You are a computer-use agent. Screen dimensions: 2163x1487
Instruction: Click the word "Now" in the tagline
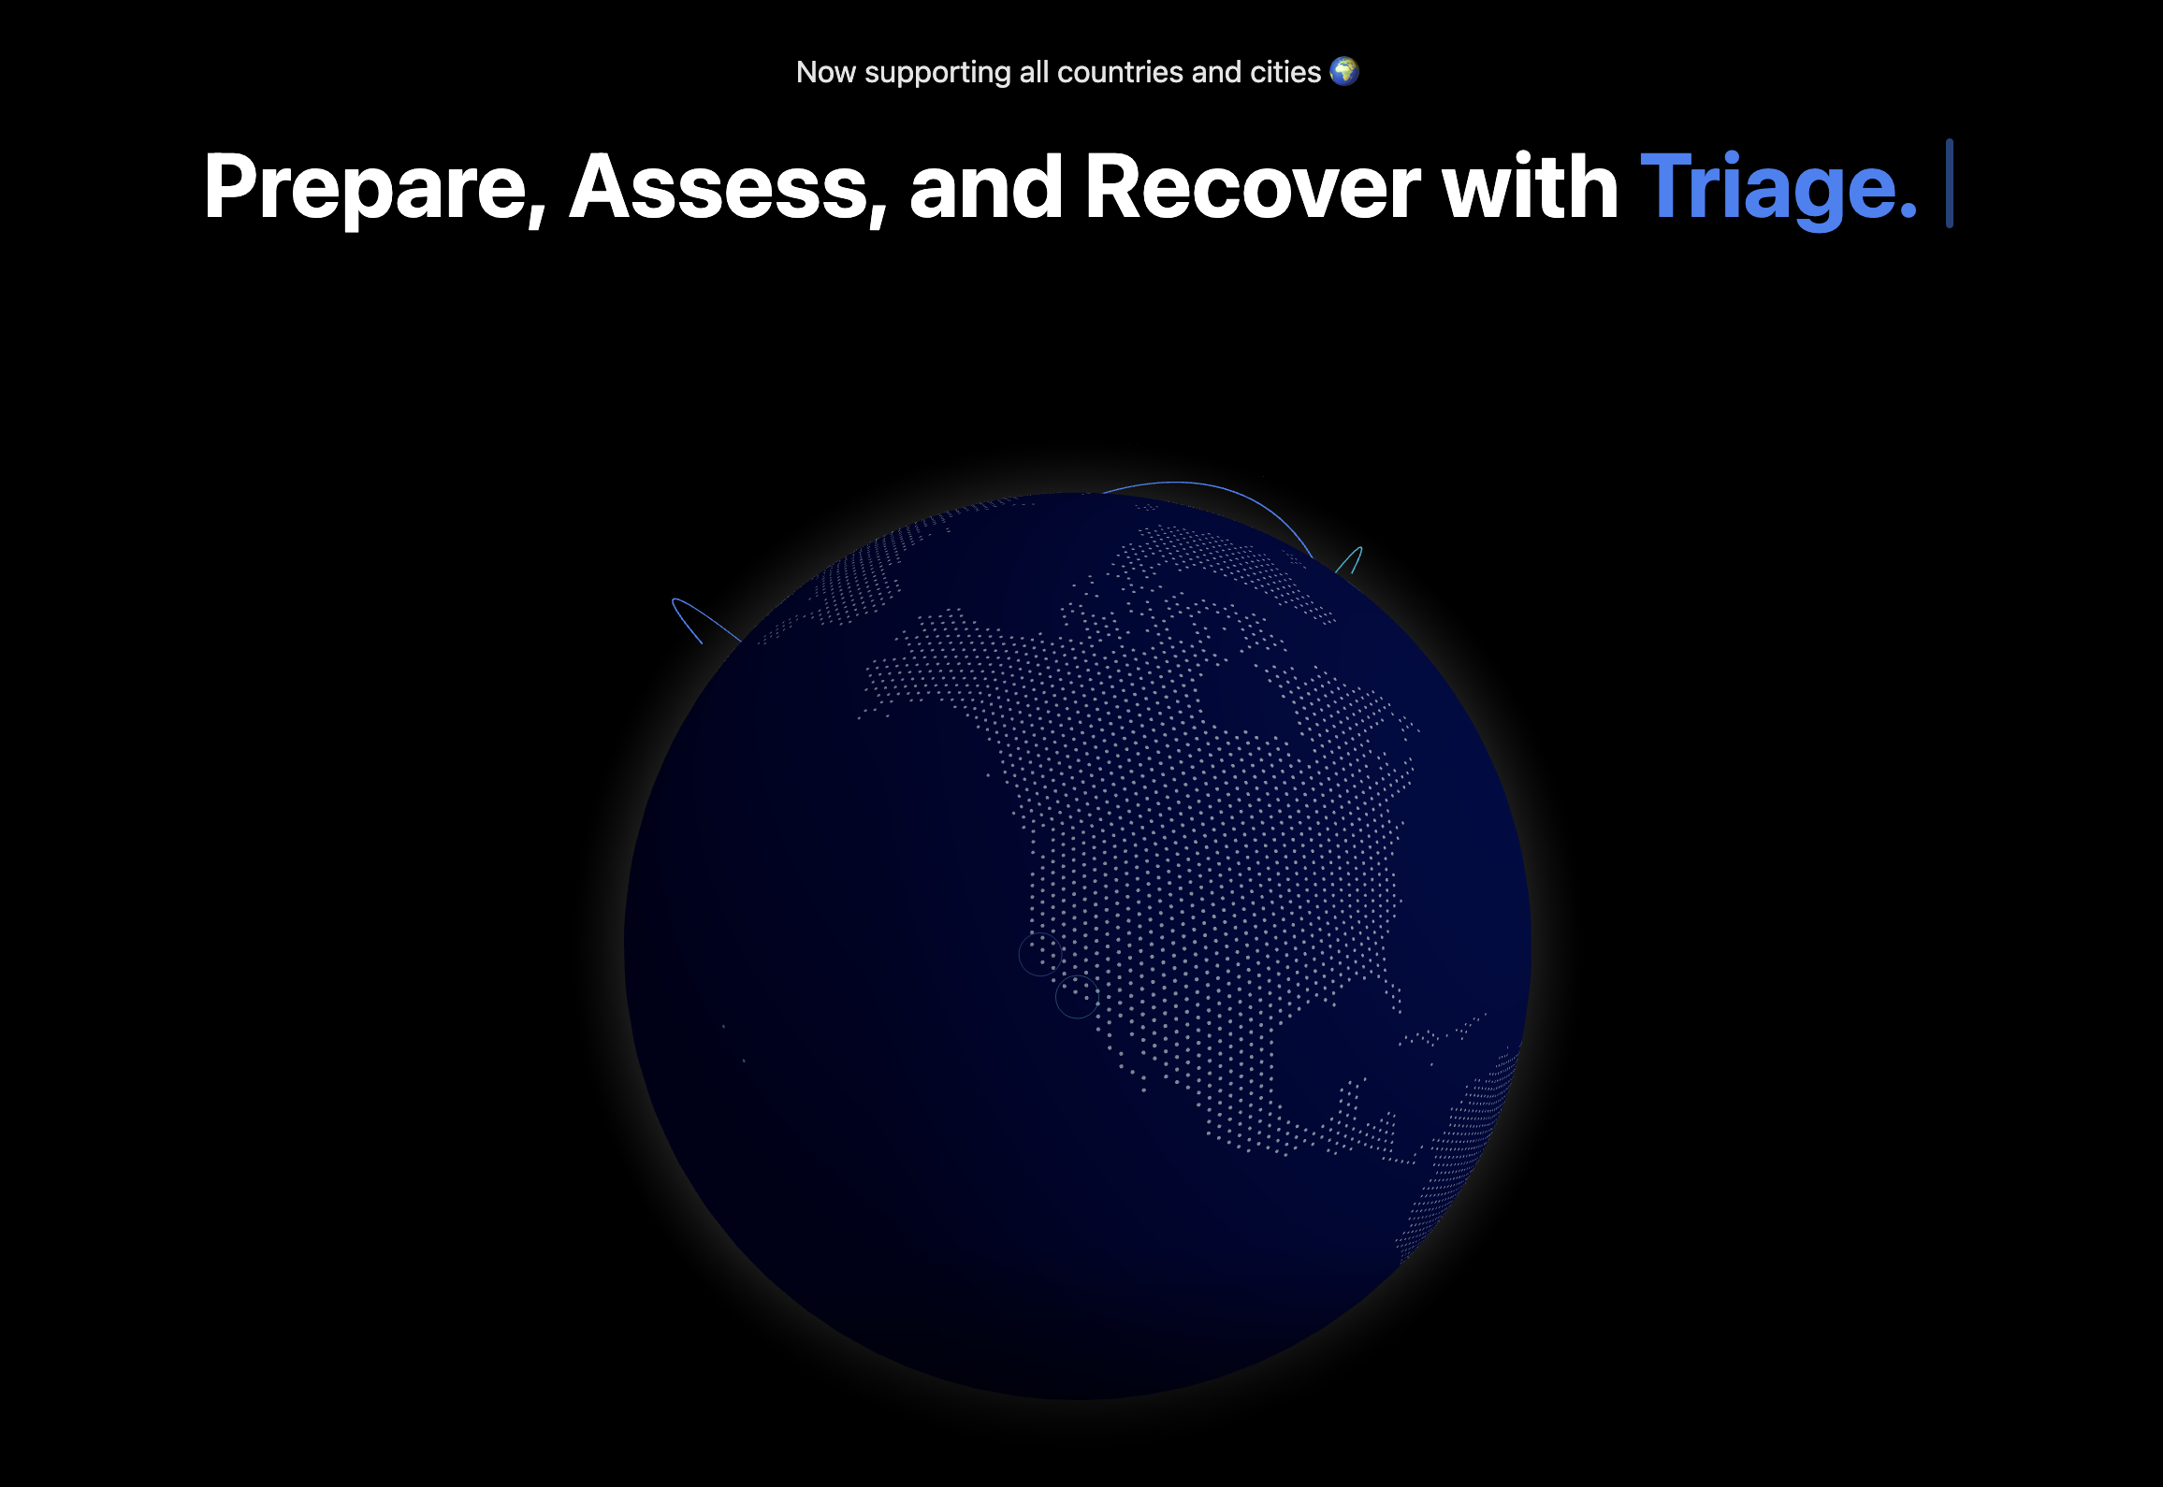coord(825,72)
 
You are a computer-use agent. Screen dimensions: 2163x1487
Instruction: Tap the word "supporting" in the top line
coord(937,73)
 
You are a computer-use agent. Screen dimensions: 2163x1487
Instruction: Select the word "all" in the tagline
coord(1034,72)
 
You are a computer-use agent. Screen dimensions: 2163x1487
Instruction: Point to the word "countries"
coord(1120,72)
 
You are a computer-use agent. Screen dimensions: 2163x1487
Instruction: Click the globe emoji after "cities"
coord(1344,71)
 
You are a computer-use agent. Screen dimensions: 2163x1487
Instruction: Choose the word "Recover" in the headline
coord(1253,186)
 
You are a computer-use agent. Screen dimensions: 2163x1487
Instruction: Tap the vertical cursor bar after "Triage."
coord(1950,183)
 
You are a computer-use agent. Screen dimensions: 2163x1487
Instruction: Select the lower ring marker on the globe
coord(1077,996)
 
